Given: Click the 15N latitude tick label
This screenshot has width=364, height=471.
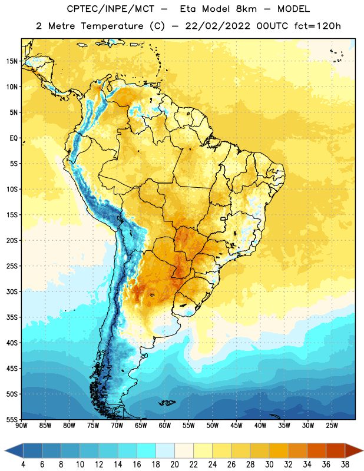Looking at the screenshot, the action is tap(12, 61).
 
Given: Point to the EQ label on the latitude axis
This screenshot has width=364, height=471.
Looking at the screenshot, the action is tap(14, 138).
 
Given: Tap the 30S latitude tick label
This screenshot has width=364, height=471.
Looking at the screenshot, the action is tap(12, 291).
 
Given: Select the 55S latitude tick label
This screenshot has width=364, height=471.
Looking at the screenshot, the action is tap(12, 420).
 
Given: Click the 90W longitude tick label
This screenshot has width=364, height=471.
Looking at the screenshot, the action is tap(22, 426).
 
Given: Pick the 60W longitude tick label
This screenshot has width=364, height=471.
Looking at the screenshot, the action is tap(165, 426).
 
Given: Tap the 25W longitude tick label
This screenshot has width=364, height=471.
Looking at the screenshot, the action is tap(332, 426).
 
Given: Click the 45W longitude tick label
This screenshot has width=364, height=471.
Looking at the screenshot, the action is tap(236, 426).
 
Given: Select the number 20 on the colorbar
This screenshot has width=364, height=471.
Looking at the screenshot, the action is tap(174, 465).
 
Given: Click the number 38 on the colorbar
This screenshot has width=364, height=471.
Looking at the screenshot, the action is tap(345, 465).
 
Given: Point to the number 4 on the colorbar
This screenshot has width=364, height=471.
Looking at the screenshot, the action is tap(23, 465).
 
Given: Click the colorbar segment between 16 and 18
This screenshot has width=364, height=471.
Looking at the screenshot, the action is tap(147, 451).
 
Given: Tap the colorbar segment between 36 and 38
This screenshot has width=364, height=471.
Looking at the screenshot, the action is tap(336, 451).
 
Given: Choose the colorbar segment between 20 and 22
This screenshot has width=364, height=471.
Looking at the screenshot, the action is tap(184, 451).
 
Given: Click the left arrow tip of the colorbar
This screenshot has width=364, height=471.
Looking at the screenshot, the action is tap(5, 451).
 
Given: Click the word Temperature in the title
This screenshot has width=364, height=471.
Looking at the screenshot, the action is tap(112, 26).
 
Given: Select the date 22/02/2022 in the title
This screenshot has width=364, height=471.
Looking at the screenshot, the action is tap(217, 26).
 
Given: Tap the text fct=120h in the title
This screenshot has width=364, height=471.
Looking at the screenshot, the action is tap(317, 26).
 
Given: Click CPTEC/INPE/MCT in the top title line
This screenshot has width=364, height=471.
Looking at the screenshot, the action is tap(110, 9).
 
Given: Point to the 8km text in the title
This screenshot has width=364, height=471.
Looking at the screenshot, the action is tap(246, 9).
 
